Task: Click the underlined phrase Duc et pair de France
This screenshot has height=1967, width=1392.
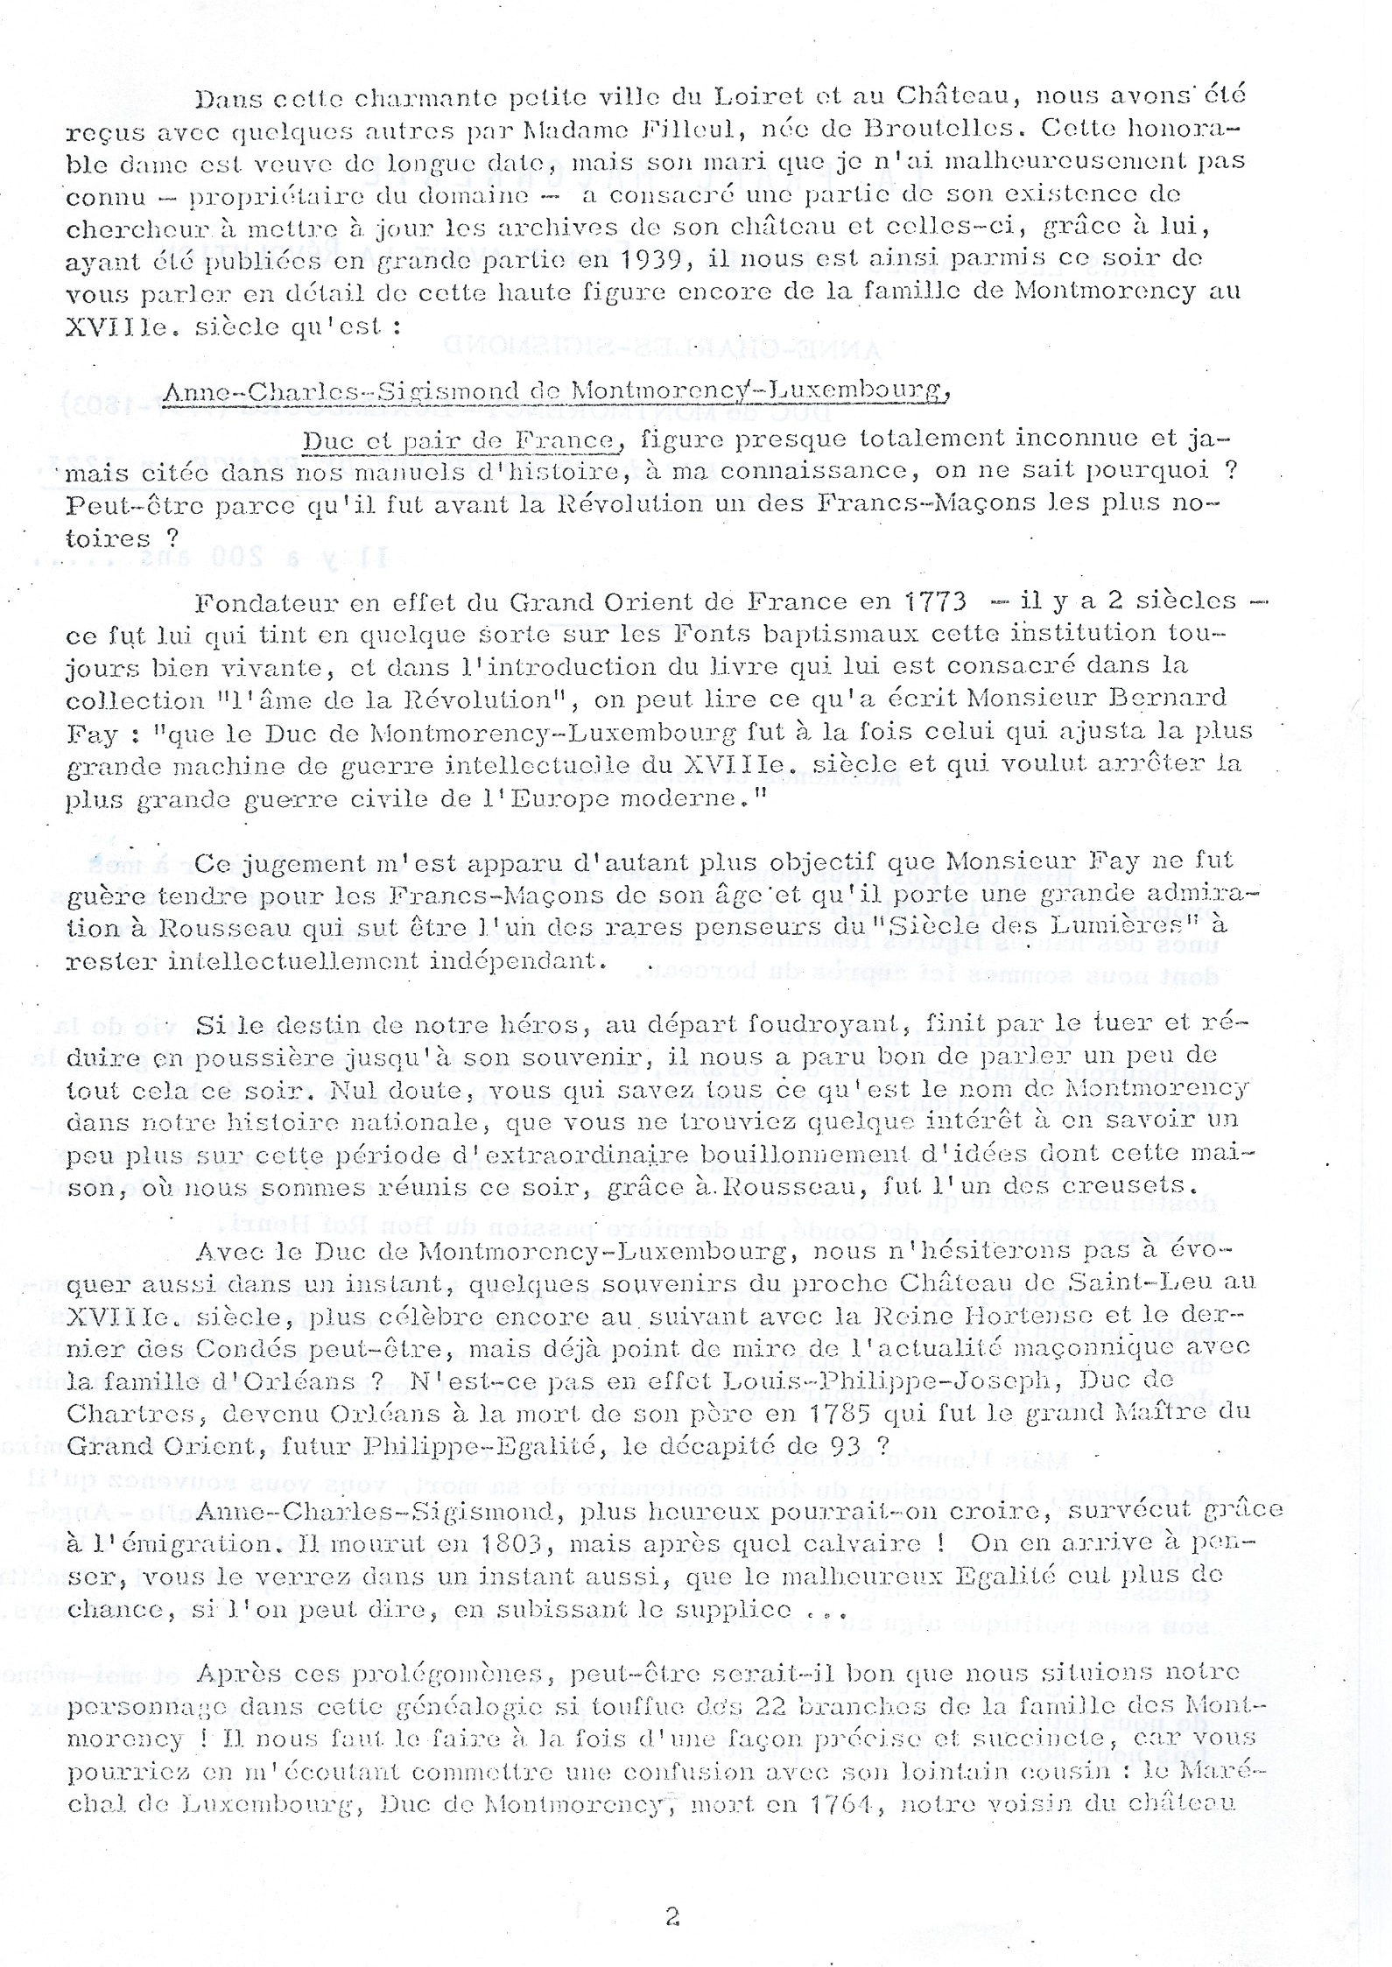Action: click(460, 439)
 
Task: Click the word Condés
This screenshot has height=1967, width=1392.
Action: click(251, 1348)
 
